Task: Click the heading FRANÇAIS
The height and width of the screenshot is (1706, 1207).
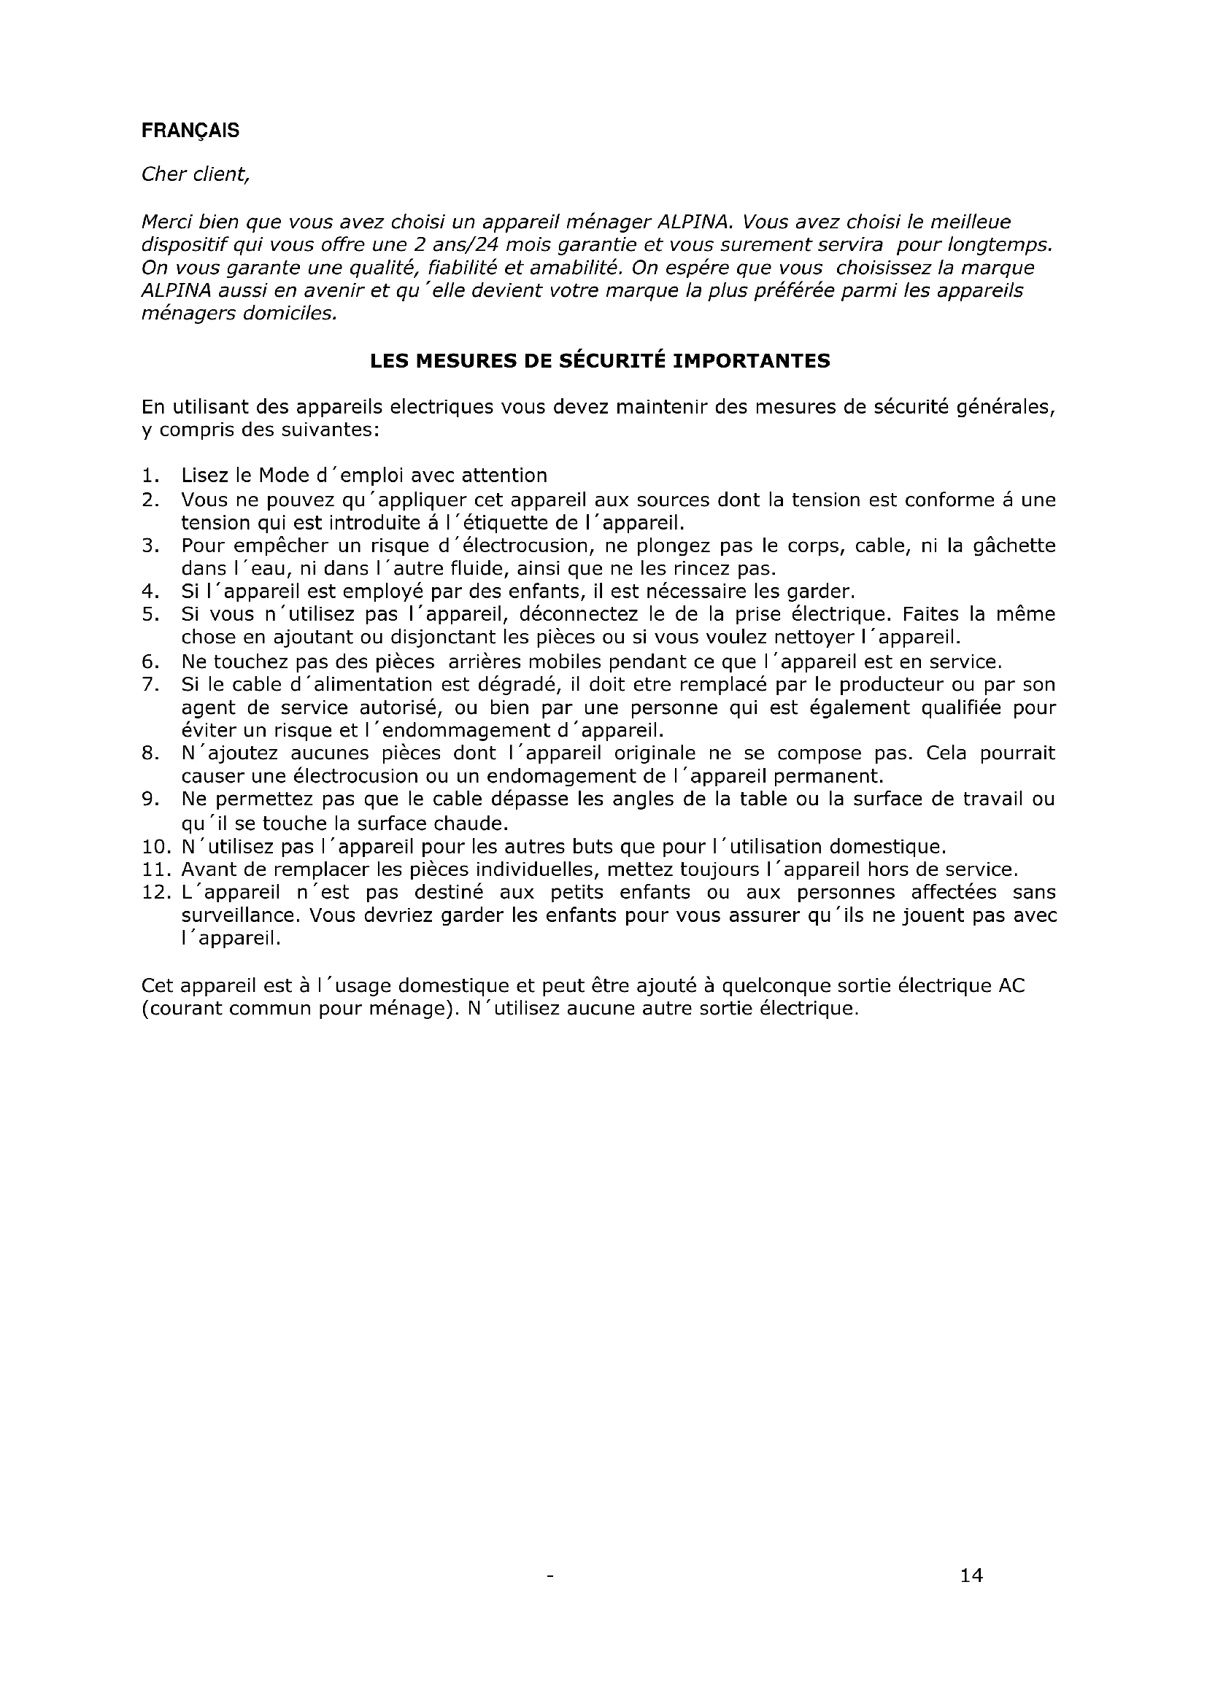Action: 190,131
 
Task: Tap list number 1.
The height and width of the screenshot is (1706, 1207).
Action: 150,476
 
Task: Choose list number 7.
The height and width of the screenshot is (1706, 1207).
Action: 149,684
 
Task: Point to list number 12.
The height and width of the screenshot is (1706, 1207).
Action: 154,892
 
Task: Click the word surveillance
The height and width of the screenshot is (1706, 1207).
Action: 240,915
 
